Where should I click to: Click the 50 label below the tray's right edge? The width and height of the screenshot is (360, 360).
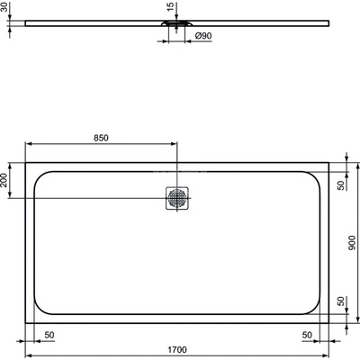click(308, 334)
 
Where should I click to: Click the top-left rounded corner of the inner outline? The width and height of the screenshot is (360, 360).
click(41, 178)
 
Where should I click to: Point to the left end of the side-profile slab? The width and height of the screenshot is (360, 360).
click(26, 25)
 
